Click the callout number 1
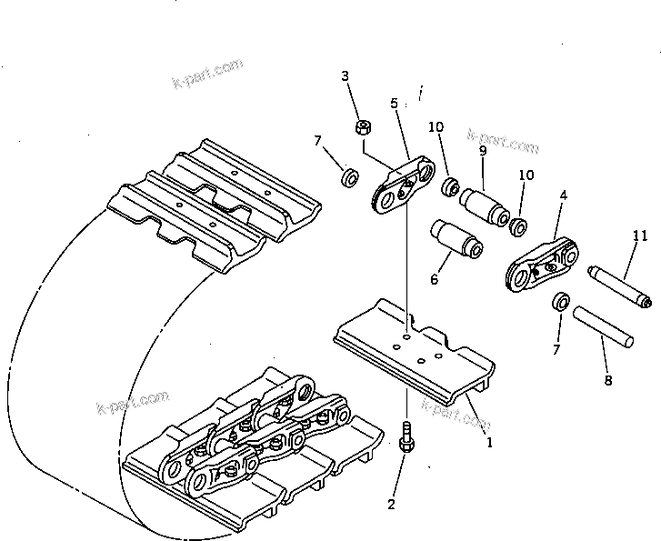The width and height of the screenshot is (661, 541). tap(489, 444)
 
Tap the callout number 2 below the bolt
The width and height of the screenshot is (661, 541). tap(391, 504)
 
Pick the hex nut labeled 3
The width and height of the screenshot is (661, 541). tap(362, 127)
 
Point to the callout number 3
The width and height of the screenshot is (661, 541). tap(345, 76)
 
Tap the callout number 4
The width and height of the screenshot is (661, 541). tap(564, 195)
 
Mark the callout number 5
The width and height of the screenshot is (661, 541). tap(394, 104)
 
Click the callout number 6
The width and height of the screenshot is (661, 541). tap(434, 280)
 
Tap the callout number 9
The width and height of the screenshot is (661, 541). tap(483, 150)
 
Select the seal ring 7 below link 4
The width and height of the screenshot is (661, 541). tap(560, 302)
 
